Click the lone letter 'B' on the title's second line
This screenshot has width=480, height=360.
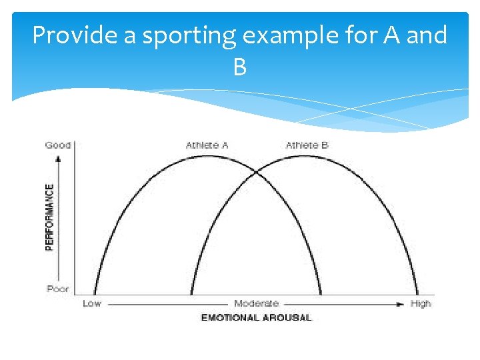coord(240,67)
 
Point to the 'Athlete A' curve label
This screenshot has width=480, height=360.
coord(207,145)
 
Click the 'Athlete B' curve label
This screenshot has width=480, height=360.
coord(307,145)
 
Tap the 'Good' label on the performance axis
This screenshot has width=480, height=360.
coord(58,145)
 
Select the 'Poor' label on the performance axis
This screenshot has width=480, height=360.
coord(58,289)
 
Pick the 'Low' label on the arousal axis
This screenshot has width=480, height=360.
coord(92,303)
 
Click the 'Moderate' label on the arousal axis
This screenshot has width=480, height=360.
coord(257,303)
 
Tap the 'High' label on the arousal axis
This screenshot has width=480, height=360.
coord(421,303)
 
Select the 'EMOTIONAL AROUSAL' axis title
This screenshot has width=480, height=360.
coord(256,317)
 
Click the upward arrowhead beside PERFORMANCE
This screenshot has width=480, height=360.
coord(59,158)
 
